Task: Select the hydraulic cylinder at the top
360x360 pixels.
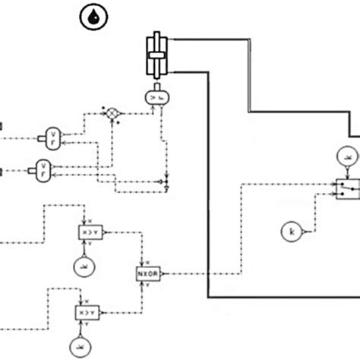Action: [156, 55]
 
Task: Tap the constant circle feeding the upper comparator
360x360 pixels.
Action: [82, 266]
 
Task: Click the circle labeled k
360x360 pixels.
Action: [290, 230]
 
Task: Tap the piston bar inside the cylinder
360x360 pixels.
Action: [156, 55]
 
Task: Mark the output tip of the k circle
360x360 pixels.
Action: [302, 230]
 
